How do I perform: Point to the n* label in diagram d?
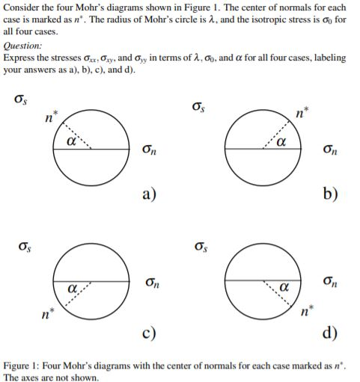click(303, 308)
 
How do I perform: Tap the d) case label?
click(330, 332)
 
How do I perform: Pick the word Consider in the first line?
click(22, 8)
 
